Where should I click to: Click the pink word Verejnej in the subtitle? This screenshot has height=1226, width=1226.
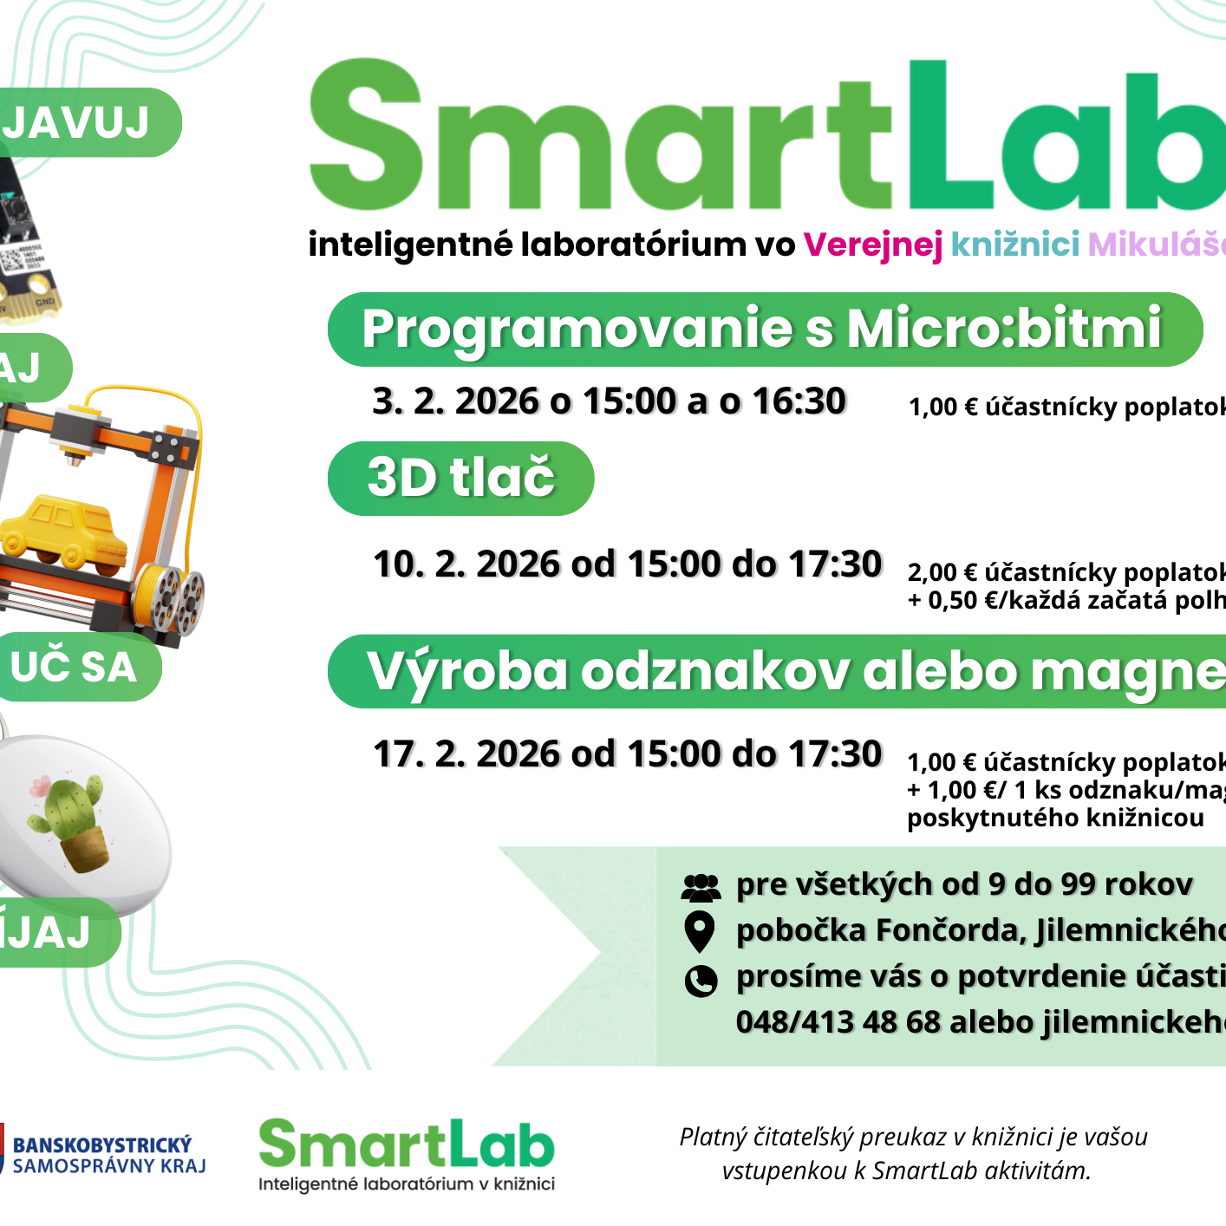point(872,245)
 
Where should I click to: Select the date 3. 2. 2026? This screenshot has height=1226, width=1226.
point(456,401)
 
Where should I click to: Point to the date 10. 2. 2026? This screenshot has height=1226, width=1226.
point(466,564)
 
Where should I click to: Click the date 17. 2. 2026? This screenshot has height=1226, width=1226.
point(466,754)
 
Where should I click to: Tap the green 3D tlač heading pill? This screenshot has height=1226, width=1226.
point(460,478)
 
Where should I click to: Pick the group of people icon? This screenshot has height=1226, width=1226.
point(701,887)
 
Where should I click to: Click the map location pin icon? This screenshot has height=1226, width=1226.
point(700,932)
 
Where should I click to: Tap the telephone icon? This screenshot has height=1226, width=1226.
point(701,981)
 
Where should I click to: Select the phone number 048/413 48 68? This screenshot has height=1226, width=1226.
point(838,1022)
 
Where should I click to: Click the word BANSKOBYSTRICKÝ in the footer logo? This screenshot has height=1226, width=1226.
point(102,1145)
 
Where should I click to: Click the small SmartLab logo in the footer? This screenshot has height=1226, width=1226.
point(407,1154)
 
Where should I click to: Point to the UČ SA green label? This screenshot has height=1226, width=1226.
point(75,667)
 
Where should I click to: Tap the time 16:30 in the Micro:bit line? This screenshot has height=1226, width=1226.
point(799,401)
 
